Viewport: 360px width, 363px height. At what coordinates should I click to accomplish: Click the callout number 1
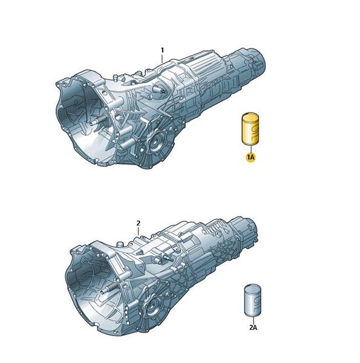point(163,50)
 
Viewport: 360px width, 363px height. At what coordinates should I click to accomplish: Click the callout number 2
point(138,223)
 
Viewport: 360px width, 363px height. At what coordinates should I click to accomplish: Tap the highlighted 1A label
point(250,158)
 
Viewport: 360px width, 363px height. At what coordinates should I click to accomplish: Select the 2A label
point(253,327)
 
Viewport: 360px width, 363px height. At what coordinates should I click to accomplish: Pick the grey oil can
point(253,300)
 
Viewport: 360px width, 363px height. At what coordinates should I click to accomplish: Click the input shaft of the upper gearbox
point(98,120)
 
